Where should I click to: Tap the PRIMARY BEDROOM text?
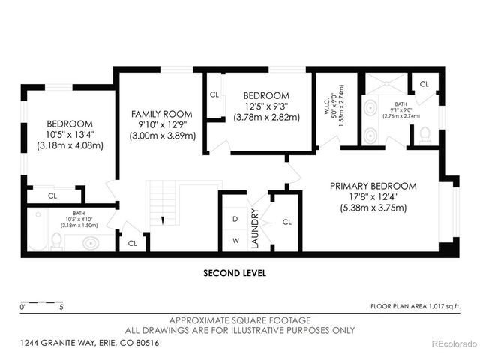click(373, 187)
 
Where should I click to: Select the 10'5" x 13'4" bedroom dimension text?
click(70, 135)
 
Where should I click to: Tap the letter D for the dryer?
click(235, 219)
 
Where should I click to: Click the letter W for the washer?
click(235, 241)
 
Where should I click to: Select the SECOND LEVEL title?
click(235, 273)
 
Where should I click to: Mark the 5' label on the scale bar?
click(61, 306)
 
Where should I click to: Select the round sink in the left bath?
click(91, 243)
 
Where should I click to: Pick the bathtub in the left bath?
click(35, 228)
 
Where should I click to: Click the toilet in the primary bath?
click(424, 136)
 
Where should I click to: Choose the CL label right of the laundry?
click(287, 222)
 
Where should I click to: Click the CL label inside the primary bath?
click(424, 84)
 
